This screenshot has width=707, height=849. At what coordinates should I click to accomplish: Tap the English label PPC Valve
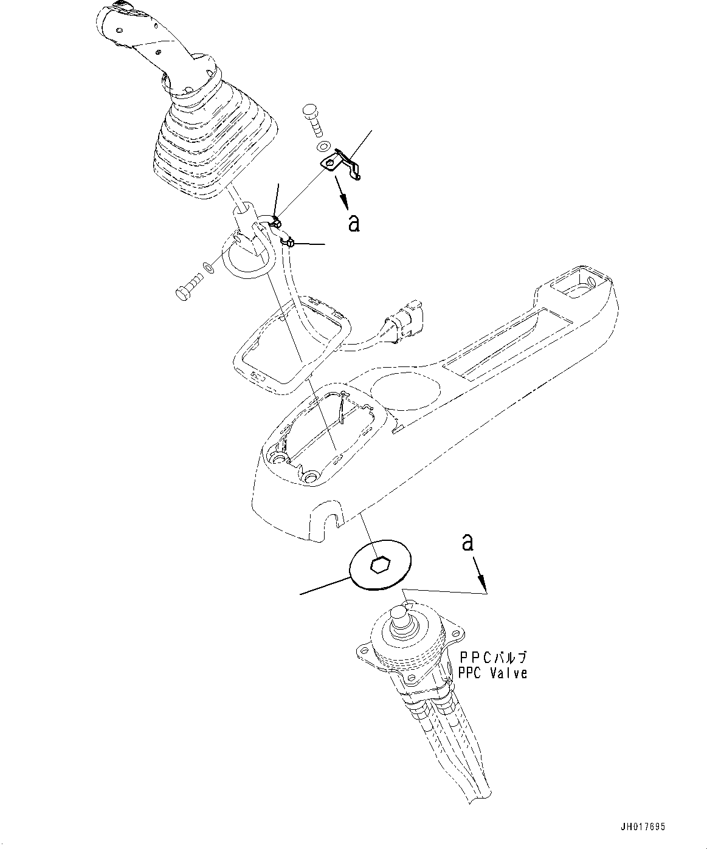(x=492, y=673)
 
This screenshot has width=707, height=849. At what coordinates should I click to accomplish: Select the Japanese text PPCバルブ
(x=493, y=658)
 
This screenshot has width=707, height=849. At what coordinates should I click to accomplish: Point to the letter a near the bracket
(x=353, y=223)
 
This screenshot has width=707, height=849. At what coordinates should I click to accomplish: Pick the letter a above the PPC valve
(x=467, y=542)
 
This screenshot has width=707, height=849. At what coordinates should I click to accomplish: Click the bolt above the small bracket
(x=314, y=122)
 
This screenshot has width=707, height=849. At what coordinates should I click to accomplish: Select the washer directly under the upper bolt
(x=323, y=146)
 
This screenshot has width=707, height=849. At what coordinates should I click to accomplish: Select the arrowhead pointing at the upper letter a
(x=343, y=203)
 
